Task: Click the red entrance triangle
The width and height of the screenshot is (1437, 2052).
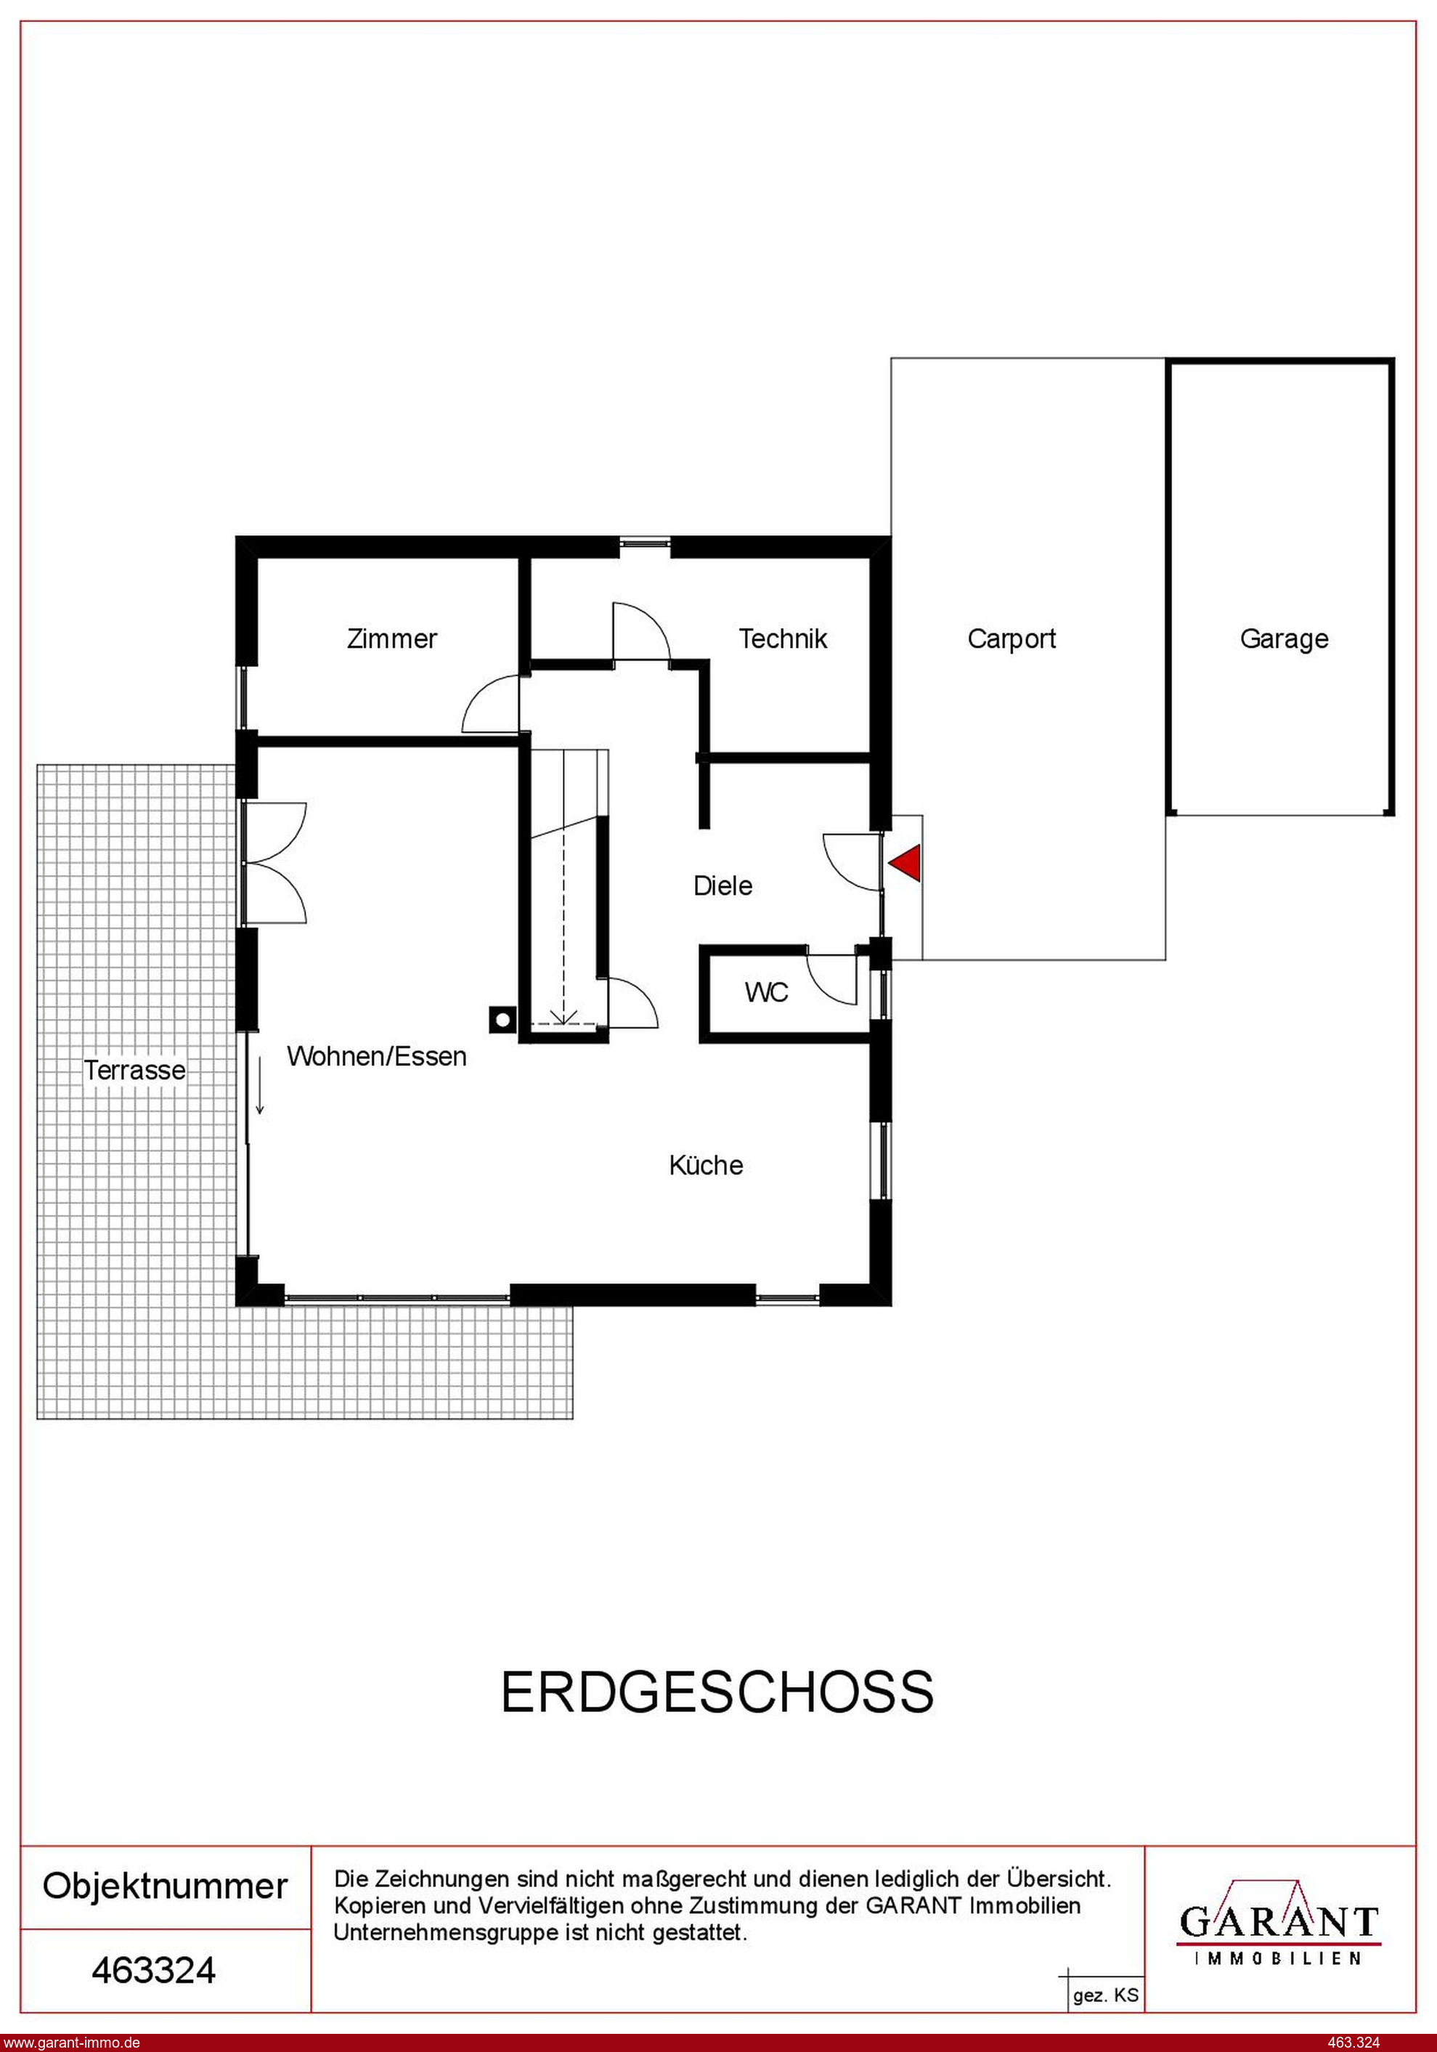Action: pos(908,864)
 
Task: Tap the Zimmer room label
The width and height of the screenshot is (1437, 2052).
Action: pos(391,639)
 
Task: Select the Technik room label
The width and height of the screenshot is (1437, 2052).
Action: pos(783,639)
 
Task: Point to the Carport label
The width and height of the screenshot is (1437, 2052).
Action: pos(1011,640)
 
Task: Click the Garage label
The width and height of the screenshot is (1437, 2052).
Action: pos(1285,640)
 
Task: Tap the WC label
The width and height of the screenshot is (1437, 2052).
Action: pos(767,992)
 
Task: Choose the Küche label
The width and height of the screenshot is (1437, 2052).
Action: pos(706,1164)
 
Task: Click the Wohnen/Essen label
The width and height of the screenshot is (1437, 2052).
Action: pos(376,1056)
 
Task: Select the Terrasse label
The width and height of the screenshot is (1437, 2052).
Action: pos(135,1070)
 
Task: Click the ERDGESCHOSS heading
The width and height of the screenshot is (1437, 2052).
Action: pos(717,1692)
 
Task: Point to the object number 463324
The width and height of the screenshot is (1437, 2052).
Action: pos(154,1970)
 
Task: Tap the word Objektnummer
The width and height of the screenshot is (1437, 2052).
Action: pos(166,1886)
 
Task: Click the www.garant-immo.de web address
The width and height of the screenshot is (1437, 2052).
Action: pos(70,2042)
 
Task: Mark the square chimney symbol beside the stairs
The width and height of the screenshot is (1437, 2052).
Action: pos(502,1019)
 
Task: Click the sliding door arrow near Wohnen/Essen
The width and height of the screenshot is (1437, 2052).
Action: pos(260,1085)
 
